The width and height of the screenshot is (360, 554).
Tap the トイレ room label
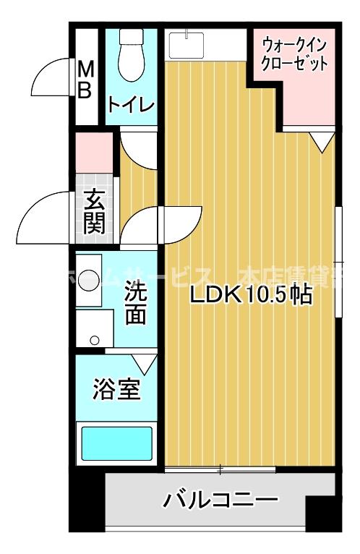coord(131,105)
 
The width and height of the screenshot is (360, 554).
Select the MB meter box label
coord(85,80)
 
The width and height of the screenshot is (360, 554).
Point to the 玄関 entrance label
coord(94,210)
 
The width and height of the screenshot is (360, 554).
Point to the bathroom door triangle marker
coord(145,362)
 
